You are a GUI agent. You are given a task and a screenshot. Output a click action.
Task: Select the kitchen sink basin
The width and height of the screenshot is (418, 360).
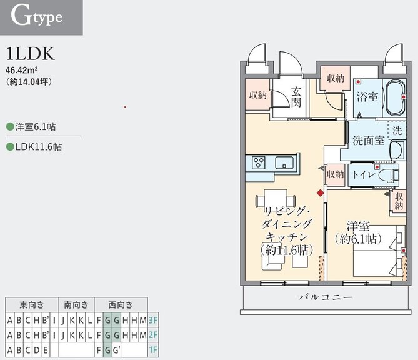click(x=284, y=162)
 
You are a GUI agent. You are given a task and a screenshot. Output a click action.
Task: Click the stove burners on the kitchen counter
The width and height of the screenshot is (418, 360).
click(x=259, y=162)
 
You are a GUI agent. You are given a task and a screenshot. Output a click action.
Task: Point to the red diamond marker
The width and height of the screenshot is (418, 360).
click(x=320, y=192)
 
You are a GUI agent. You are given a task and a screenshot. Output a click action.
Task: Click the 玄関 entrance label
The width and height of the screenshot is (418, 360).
click(x=296, y=97)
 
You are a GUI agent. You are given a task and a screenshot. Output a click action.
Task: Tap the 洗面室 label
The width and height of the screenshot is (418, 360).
click(x=369, y=140)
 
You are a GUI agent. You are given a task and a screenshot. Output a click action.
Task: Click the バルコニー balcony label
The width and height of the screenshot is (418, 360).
click(x=326, y=297)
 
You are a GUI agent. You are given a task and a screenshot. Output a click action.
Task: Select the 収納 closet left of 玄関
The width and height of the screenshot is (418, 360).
click(x=258, y=94)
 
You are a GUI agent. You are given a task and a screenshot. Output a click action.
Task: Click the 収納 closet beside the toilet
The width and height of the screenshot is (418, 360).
click(x=335, y=174)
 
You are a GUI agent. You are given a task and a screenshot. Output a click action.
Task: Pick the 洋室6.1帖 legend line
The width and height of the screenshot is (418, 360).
click(x=31, y=126)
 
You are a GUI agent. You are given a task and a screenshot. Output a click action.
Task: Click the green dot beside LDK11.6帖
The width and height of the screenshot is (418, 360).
click(x=10, y=147)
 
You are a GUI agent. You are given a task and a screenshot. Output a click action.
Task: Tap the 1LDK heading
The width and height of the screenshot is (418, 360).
click(x=31, y=54)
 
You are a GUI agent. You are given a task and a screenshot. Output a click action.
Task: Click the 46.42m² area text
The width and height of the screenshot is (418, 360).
click(x=22, y=70)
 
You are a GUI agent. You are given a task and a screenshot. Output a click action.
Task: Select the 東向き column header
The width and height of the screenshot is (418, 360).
click(x=32, y=305)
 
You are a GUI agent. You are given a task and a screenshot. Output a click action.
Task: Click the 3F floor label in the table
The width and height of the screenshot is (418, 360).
click(x=153, y=320)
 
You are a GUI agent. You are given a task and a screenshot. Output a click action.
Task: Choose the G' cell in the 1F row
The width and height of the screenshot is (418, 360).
click(x=116, y=350)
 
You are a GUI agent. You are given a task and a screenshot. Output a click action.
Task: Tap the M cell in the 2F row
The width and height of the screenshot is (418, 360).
click(x=143, y=335)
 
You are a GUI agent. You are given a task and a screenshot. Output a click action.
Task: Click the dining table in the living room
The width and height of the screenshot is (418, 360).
click(x=276, y=199)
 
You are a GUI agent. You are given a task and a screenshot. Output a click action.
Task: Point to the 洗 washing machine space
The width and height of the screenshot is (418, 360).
click(x=397, y=131)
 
